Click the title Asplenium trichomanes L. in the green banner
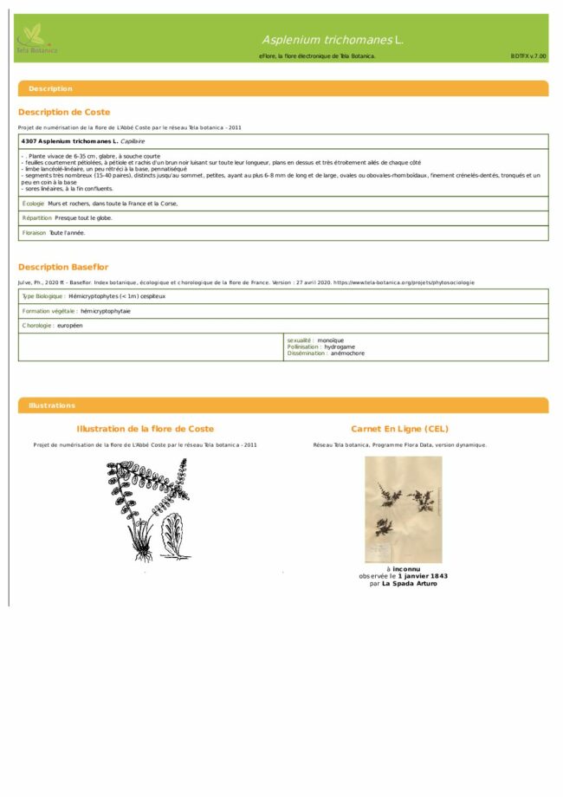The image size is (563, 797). point(333,40)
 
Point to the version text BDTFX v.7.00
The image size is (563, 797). point(528,55)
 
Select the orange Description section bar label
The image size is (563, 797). point(50,88)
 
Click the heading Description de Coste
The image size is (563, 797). point(64,112)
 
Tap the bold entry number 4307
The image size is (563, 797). point(29,140)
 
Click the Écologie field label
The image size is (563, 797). point(33,204)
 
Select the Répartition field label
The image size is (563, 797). point(36,218)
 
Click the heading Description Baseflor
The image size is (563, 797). point(63,267)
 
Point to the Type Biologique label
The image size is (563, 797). point(43,296)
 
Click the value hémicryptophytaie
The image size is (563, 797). point(106,311)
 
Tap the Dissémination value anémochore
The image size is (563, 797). point(348,353)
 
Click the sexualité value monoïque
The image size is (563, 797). point(331,340)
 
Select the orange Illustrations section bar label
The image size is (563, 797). point(52,405)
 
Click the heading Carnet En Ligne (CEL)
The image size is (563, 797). point(399,429)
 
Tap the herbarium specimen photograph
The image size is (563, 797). point(403,509)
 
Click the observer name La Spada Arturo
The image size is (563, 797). point(410,584)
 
